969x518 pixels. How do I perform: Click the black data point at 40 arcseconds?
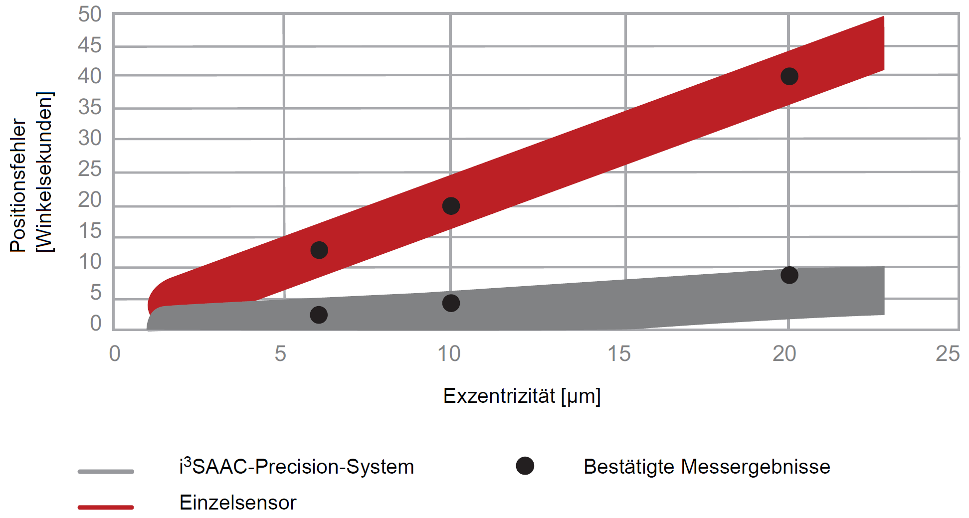[789, 76]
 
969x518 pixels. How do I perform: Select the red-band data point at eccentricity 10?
[451, 206]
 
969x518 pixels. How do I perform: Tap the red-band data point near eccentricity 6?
[319, 250]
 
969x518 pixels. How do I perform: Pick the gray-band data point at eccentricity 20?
[789, 275]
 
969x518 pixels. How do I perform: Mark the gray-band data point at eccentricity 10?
[451, 303]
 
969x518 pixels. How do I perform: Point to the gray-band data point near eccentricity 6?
[319, 315]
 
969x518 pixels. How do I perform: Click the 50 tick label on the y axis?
[90, 15]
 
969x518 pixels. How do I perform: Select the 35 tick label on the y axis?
[90, 107]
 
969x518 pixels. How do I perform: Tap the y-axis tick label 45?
[90, 45]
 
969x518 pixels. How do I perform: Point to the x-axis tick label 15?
[619, 354]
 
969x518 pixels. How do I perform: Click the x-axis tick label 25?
[948, 354]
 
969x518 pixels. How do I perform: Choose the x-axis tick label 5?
[280, 354]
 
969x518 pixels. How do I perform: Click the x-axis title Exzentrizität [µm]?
[522, 396]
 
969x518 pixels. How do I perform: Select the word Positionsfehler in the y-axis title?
[18, 185]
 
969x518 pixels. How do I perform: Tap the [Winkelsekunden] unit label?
[45, 172]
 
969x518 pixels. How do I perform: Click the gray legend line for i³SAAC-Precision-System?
[106, 471]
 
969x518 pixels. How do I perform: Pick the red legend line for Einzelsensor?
[106, 507]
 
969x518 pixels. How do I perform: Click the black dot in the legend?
[525, 466]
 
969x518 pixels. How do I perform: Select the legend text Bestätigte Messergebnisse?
[707, 467]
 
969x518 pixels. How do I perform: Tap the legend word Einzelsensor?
[238, 503]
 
